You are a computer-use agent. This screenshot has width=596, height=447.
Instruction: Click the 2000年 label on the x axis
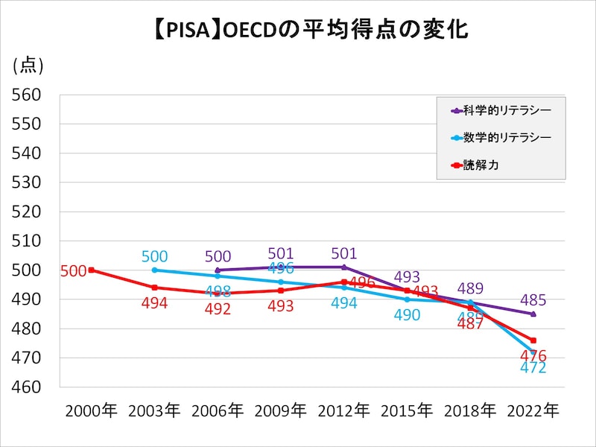pos(91,410)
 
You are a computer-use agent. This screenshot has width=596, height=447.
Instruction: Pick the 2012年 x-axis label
pos(343,410)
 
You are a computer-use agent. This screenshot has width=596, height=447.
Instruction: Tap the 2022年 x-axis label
pos(533,410)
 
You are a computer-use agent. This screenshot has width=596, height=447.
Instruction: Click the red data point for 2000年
pos(91,270)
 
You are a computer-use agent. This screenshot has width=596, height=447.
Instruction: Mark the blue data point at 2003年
pos(154,270)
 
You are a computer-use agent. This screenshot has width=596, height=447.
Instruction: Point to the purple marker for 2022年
pos(533,314)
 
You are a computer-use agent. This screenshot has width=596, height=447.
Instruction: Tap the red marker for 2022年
pos(533,340)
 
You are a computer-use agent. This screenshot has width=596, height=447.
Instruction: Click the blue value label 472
pos(533,368)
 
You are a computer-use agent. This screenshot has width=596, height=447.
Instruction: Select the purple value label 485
pos(533,301)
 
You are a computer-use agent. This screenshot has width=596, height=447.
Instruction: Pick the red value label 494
pos(154,303)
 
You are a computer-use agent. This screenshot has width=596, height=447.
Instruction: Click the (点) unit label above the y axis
pos(28,66)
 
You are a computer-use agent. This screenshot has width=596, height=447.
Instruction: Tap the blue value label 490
pos(407,315)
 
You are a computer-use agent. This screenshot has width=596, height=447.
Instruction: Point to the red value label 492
pos(218,309)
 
